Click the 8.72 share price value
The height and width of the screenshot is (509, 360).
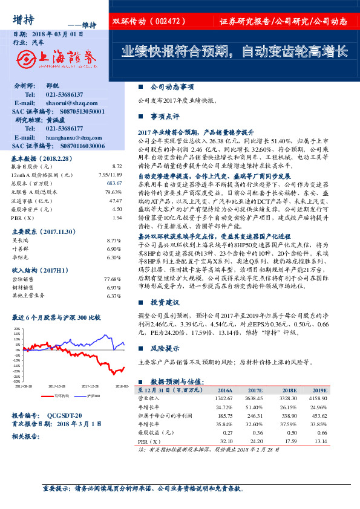coord(117,166)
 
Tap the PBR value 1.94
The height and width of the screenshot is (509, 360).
coord(117,216)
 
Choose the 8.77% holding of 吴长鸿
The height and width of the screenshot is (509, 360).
coord(114,240)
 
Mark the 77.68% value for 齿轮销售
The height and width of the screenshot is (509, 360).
coord(113,279)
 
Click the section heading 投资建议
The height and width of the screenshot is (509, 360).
coord(163,302)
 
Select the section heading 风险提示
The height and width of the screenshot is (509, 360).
coord(163,349)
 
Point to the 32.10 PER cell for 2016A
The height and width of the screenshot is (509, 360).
coord(224,441)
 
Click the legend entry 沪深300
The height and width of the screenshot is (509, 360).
coord(93,395)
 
